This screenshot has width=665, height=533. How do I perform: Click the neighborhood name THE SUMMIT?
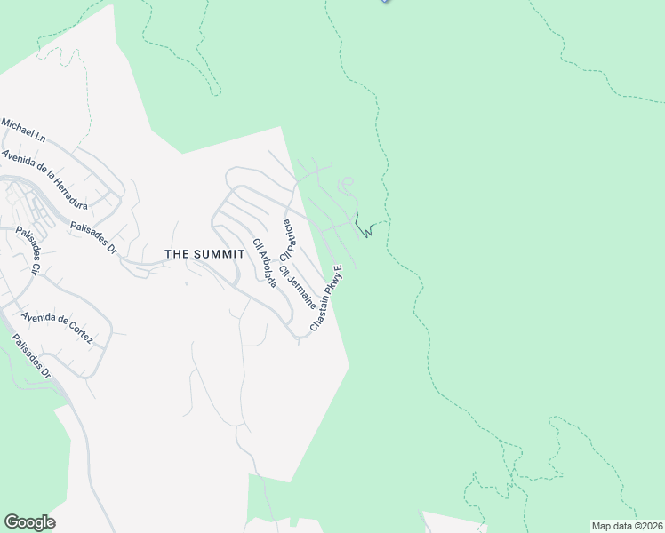(204, 254)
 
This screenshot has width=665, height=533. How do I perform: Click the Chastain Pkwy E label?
(326, 299)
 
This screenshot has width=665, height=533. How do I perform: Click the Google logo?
(29, 522)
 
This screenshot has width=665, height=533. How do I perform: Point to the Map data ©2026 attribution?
(627, 526)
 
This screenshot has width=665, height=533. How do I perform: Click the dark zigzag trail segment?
(363, 227)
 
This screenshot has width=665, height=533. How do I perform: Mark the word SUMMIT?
(216, 254)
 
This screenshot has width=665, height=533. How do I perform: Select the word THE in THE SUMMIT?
(175, 254)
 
